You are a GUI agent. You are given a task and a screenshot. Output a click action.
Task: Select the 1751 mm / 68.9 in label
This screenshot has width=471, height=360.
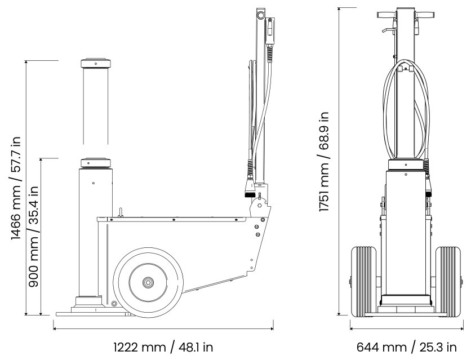(324, 162)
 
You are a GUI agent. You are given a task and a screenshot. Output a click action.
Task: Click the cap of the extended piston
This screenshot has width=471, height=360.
(95, 63)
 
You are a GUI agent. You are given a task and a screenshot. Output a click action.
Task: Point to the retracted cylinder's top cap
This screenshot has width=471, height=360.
(95, 163)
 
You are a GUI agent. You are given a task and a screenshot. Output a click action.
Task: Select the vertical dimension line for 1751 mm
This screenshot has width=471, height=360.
(339, 162)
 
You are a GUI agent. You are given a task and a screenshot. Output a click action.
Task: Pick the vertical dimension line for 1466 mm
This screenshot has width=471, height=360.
(26, 187)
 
